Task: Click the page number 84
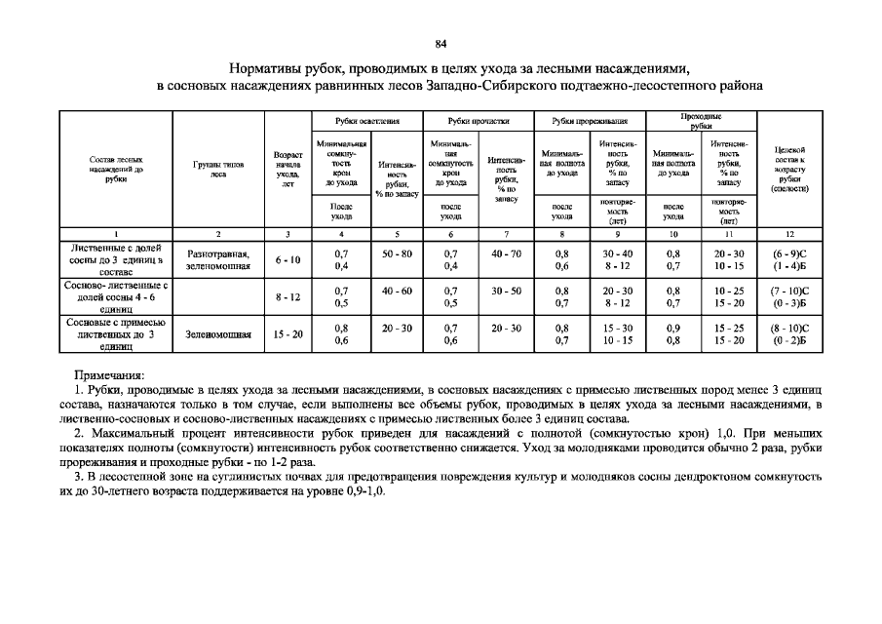pyautogui.click(x=441, y=44)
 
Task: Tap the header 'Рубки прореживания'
pyautogui.click(x=591, y=121)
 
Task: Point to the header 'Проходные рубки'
pyautogui.click(x=701, y=120)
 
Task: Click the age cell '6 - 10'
pyautogui.click(x=287, y=259)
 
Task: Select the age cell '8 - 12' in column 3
pyautogui.click(x=287, y=297)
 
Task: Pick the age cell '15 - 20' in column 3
pyautogui.click(x=287, y=334)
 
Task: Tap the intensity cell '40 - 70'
pyautogui.click(x=507, y=253)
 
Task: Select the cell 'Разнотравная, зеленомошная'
pyautogui.click(x=218, y=259)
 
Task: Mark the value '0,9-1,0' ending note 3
pyautogui.click(x=364, y=493)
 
